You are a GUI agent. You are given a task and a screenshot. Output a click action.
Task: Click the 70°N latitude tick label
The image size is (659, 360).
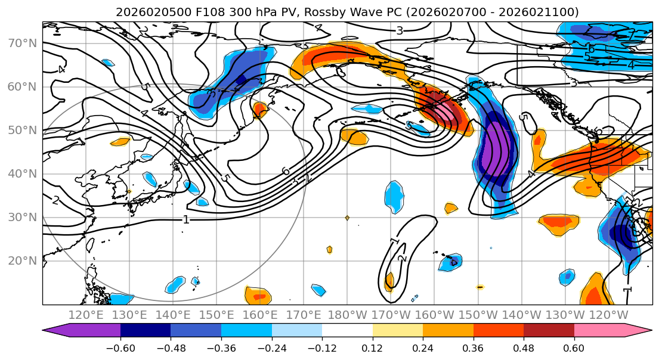22,43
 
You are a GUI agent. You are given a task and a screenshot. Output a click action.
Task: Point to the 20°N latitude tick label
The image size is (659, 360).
22,260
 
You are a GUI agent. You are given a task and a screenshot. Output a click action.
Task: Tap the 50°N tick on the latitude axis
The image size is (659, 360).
22,130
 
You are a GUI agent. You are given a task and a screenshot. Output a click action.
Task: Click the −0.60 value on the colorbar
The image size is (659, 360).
120,347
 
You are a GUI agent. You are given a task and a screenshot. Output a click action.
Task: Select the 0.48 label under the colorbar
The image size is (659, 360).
524,347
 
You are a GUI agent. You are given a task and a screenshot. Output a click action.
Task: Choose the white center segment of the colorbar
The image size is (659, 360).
347,331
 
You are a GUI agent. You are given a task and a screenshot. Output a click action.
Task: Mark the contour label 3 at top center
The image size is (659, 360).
400,30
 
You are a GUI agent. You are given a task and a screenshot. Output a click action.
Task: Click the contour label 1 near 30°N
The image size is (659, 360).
186,219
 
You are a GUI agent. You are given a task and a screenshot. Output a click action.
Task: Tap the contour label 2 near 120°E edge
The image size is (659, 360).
55,200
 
